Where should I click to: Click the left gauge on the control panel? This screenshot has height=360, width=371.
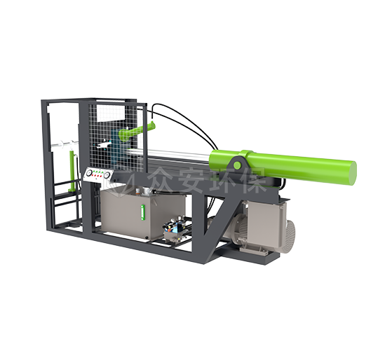coord(89,174)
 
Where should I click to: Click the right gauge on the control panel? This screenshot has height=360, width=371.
coord(107,175)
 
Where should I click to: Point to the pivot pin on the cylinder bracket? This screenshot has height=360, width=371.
coord(236,165)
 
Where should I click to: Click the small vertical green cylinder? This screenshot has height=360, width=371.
coord(72,171)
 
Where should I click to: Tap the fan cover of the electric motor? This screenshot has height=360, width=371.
coord(289,237)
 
